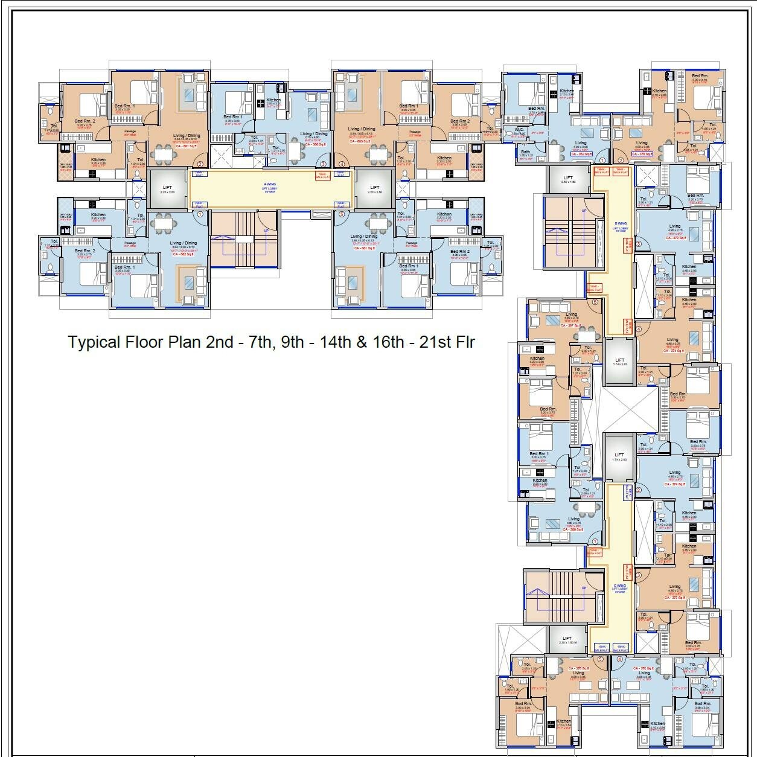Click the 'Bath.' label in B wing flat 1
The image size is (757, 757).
point(526,152)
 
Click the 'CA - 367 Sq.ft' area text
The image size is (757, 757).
point(570,325)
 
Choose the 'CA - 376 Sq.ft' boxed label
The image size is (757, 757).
point(643,154)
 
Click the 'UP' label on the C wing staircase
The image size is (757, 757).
point(583,588)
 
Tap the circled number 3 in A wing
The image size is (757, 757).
point(322,164)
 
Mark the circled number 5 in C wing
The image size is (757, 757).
point(600,660)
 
